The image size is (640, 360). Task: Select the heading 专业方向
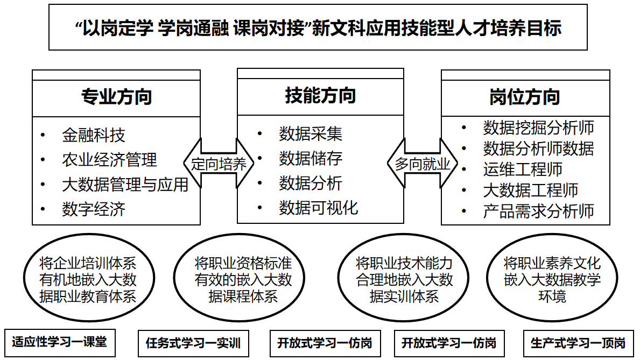tap(116, 97)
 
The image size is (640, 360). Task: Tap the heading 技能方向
tap(320, 96)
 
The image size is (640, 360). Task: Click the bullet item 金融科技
tap(94, 135)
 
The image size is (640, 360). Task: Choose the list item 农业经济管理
tap(109, 160)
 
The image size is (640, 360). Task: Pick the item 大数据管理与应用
tap(125, 185)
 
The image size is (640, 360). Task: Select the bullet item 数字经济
tap(94, 209)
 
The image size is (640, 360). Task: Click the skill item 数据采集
tap(311, 134)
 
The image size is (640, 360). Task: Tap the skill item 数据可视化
tap(318, 208)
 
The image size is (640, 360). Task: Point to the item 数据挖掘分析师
tap(538, 128)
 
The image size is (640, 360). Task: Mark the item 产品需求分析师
tap(538, 211)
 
